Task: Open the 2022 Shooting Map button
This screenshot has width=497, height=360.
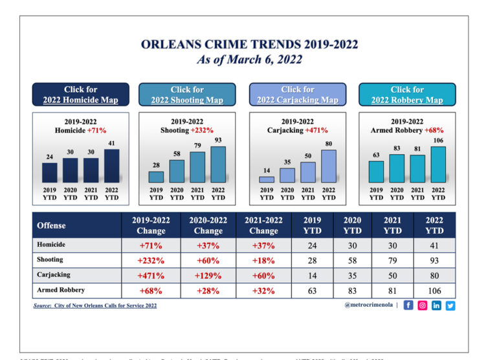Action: pos(187,95)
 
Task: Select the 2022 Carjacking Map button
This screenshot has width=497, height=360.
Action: pos(298,95)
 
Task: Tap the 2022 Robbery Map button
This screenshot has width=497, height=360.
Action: pos(407,95)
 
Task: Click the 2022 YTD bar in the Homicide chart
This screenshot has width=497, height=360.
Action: pos(111,166)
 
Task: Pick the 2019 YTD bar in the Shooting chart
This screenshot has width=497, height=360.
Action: pos(156,177)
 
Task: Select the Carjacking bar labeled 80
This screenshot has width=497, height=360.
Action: pos(329,166)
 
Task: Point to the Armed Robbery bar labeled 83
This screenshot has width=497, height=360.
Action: pos(397,168)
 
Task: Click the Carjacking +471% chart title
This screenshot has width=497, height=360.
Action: pos(298,130)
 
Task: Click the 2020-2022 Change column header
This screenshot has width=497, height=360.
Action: pos(208,225)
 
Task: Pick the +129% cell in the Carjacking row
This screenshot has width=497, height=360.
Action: pos(208,275)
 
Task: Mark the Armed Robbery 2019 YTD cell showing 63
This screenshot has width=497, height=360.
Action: pos(313,290)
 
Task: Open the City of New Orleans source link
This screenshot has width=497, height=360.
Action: pos(95,306)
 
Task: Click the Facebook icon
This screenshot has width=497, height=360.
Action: pos(408,306)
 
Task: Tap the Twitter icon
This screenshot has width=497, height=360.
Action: pos(450,306)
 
